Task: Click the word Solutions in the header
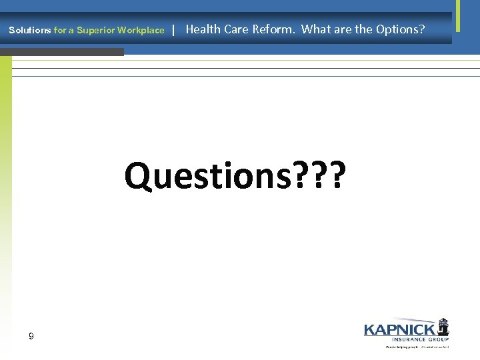coord(29,30)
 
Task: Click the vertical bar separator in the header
coord(173,29)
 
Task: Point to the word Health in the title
coord(203,29)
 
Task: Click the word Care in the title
coord(237,29)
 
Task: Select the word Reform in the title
coord(273,29)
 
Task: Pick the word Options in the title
coord(397,29)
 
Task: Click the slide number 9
coord(31,337)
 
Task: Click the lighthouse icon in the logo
coord(443,327)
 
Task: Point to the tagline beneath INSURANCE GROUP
coord(417,347)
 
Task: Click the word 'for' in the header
coord(59,30)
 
